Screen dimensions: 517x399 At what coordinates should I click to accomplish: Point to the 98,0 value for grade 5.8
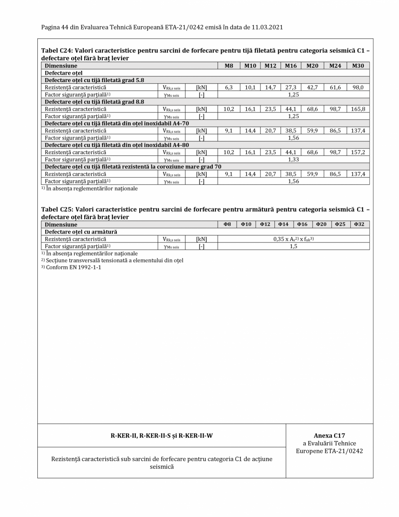click(358, 87)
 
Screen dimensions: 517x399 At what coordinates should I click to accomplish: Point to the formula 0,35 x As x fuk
click(293, 239)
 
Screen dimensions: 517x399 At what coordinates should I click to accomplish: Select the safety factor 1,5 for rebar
click(293, 246)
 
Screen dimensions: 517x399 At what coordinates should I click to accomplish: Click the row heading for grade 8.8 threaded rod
click(92, 102)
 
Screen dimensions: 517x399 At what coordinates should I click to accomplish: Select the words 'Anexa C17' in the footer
click(329, 435)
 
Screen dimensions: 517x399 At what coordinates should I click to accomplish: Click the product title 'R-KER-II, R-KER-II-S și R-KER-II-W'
click(162, 436)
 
